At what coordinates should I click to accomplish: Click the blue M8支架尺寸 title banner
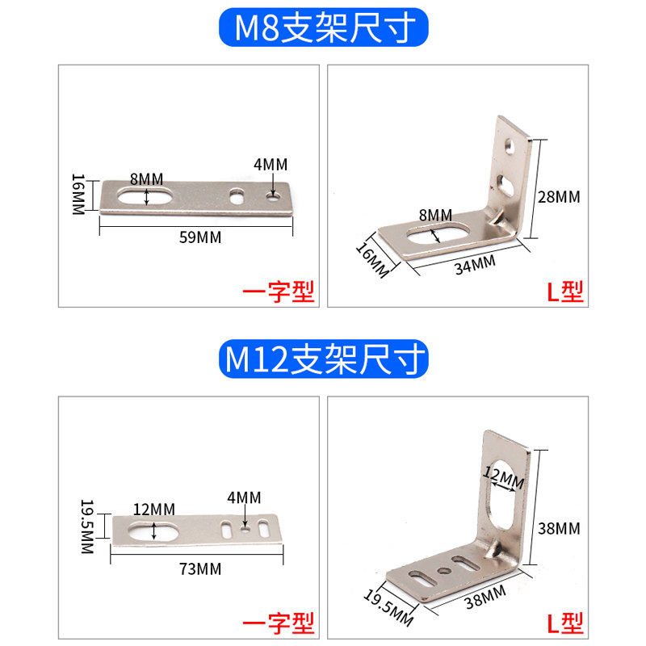pos(324,27)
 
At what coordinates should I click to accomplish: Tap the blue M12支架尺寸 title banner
pos(324,359)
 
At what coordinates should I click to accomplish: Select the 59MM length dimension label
pos(200,237)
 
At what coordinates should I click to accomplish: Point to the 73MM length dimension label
pos(200,569)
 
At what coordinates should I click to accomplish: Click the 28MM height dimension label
pos(559,197)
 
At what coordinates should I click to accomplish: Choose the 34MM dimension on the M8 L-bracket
pos(475,265)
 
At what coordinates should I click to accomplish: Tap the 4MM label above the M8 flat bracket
pos(271,165)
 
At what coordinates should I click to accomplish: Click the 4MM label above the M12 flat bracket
pos(244,497)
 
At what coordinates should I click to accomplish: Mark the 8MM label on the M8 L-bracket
pos(435,215)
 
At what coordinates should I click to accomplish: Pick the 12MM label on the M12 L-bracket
pos(503,477)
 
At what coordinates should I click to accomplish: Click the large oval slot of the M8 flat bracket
pos(145,196)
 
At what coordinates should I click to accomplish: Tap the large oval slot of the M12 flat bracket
pos(153,531)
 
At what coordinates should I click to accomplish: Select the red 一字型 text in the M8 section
pos(279,292)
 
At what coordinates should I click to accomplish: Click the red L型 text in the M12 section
pos(565,623)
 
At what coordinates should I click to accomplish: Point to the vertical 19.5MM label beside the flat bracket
pos(87,526)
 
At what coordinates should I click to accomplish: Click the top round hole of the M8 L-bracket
pos(510,146)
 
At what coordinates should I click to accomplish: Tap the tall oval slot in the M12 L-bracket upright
pos(502,493)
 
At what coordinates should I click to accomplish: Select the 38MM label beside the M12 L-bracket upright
pos(559,529)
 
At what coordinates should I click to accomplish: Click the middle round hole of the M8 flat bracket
pos(237,196)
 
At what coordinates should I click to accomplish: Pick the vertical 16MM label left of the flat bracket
pos(78,194)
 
